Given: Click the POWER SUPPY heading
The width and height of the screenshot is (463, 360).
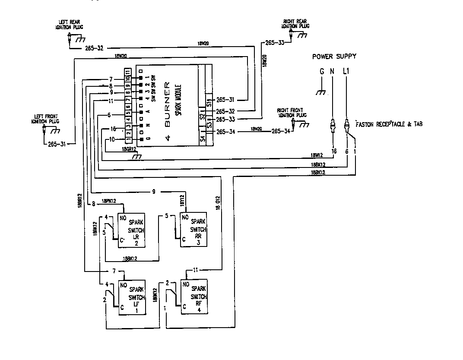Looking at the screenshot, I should pyautogui.click(x=335, y=57).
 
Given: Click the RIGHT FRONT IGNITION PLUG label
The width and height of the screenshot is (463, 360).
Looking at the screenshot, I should pyautogui.click(x=292, y=113).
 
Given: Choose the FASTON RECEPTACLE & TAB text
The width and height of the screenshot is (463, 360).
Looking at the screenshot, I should pyautogui.click(x=388, y=124).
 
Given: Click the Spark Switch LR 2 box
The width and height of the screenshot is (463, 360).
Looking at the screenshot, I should pyautogui.click(x=131, y=230).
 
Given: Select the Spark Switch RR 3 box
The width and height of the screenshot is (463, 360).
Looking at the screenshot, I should pyautogui.click(x=193, y=230).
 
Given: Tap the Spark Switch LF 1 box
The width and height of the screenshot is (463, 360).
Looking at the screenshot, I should pyautogui.click(x=131, y=297).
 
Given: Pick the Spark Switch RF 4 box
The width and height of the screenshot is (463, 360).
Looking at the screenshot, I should pyautogui.click(x=193, y=297).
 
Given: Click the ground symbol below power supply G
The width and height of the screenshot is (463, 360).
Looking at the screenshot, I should pyautogui.click(x=321, y=92).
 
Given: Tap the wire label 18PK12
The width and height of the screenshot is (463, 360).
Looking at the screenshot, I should pyautogui.click(x=109, y=201).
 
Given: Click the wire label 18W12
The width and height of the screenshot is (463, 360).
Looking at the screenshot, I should pyautogui.click(x=317, y=155).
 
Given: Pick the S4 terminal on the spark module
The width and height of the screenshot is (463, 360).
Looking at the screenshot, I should pyautogui.click(x=202, y=139).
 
